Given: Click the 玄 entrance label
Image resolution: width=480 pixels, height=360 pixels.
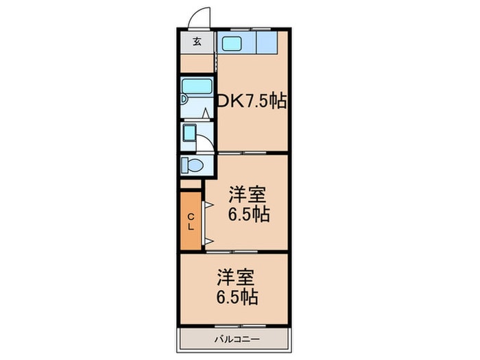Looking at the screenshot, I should point(197,41).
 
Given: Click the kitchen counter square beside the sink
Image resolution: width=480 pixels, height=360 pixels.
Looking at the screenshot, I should point(265,43).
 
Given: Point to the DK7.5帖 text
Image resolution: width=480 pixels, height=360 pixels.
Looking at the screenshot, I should point(252,101).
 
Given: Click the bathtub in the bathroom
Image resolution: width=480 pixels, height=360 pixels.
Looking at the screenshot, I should point(197,89).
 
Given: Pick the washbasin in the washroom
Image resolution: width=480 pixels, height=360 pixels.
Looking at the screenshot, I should point(190,133).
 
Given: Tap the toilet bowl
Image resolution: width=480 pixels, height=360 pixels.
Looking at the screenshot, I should point(193,165).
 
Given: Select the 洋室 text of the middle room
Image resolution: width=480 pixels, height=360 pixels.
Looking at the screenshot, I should point(247,194).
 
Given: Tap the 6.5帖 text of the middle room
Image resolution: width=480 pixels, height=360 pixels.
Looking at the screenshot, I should point(248,215).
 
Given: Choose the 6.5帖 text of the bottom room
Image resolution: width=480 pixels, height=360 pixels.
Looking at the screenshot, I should point(237,298).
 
